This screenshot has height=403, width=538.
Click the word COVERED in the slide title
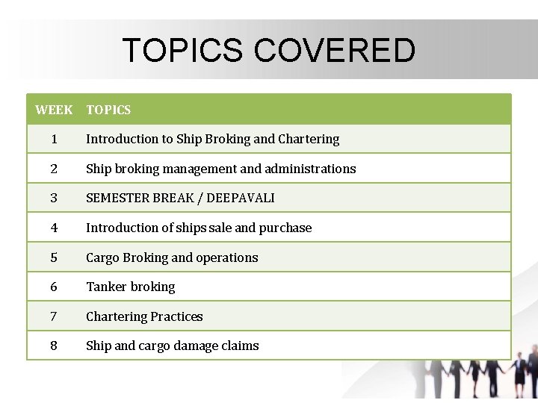pos(334,51)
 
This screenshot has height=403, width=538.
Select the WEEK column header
pos(54,110)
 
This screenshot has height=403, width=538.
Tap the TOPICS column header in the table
pos(108,110)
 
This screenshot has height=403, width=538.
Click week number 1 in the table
pos(55,140)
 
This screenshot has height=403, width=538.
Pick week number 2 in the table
pos(55,169)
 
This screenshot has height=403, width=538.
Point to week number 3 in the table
pos(55,199)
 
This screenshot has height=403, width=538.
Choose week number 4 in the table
pos(55,228)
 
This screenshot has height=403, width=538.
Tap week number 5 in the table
pos(55,257)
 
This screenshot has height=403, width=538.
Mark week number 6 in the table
pos(55,287)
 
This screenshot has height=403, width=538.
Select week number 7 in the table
pos(55,316)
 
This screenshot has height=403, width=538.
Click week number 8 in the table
pos(55,346)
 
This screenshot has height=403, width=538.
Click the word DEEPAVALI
pos(241,199)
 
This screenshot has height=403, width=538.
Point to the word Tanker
pos(107,287)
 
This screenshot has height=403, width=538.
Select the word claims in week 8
pos(241,346)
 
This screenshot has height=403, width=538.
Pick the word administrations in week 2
pos(310,169)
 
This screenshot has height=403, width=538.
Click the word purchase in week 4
pos(285,228)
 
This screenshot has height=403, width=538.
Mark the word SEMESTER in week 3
pos(117,199)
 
